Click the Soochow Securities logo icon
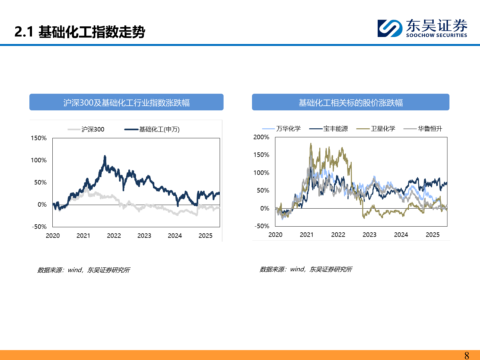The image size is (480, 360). point(390,28)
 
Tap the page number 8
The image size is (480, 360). point(467,355)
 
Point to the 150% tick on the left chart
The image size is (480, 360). point(39,138)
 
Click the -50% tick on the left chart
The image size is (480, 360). point(39,227)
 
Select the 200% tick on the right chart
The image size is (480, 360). point(261,137)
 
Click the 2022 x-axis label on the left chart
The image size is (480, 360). point(114,236)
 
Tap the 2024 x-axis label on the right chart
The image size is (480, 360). point(401,235)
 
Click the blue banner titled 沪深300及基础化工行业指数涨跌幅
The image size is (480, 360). point(126,102)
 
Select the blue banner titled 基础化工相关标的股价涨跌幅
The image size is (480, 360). point(350,102)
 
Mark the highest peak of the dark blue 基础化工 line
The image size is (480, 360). point(105,156)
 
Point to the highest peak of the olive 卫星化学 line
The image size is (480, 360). point(311,144)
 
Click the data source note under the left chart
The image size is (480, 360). point(83,270)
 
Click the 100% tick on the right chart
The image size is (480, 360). point(261,173)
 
